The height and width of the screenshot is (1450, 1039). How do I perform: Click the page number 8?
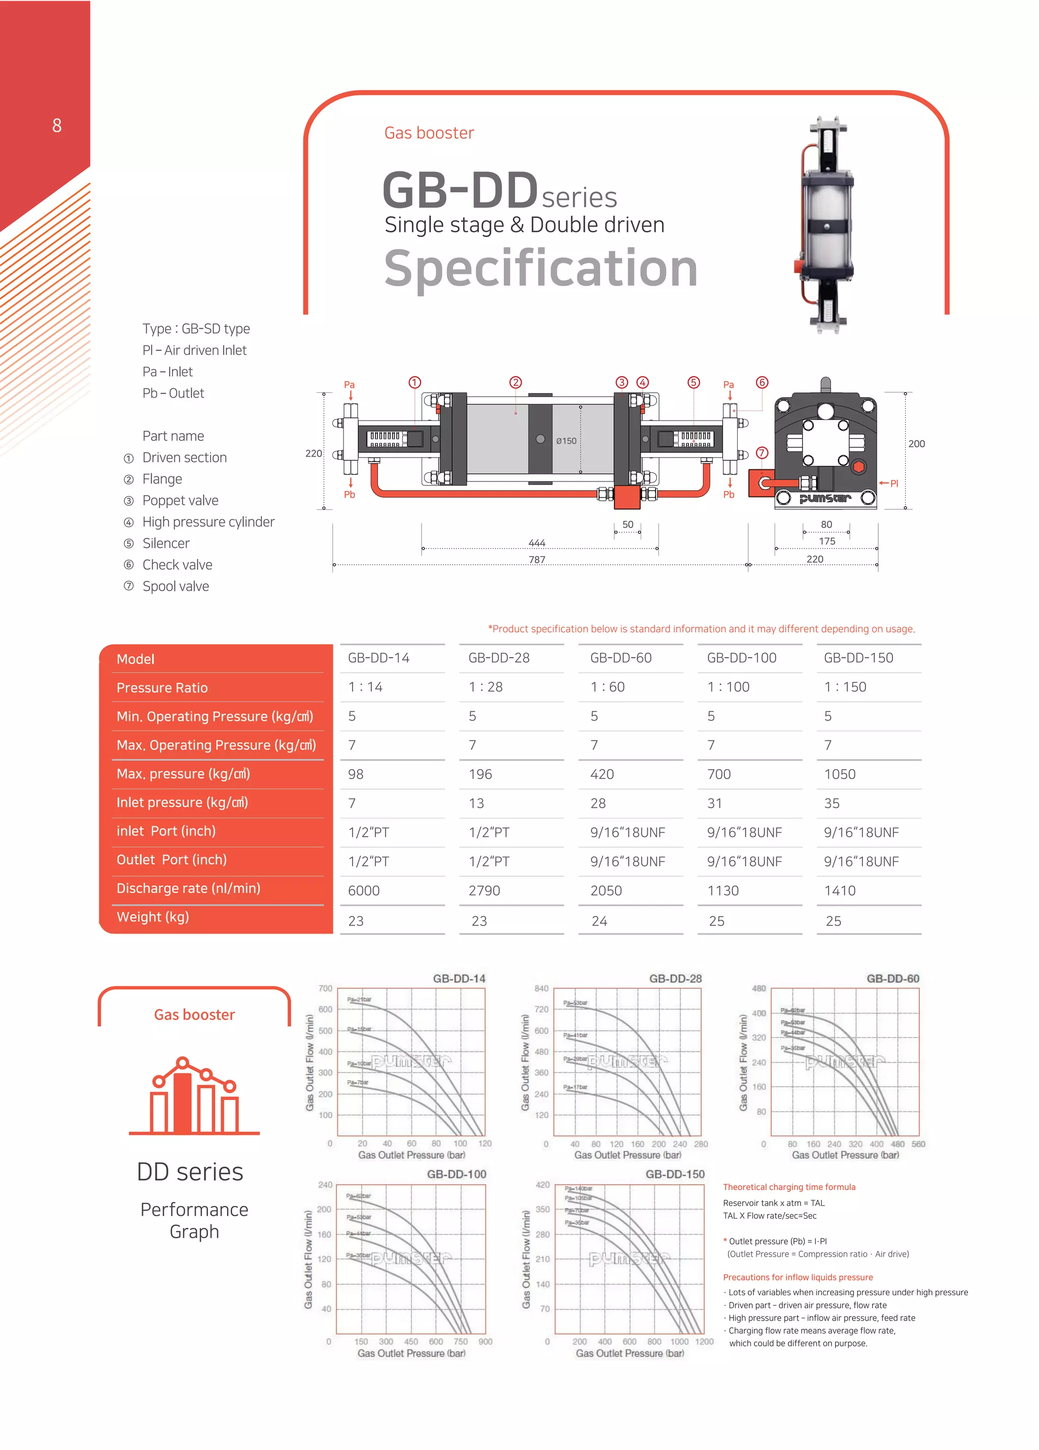click(x=57, y=125)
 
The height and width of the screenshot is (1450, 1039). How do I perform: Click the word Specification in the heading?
click(x=540, y=268)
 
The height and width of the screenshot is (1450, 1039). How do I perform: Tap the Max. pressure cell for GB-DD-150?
click(x=839, y=774)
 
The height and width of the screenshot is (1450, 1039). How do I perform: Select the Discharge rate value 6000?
click(x=363, y=890)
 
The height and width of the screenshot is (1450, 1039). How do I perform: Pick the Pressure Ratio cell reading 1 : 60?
click(x=607, y=687)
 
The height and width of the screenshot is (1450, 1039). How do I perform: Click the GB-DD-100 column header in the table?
click(x=741, y=658)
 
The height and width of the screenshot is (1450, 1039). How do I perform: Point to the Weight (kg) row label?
click(x=153, y=917)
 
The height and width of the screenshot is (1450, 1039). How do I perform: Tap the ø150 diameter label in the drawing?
click(x=566, y=440)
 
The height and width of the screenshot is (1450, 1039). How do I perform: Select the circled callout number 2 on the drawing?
click(x=515, y=383)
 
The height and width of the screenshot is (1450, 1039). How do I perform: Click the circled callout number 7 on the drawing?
click(x=761, y=453)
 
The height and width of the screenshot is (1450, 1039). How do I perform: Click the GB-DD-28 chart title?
click(x=675, y=978)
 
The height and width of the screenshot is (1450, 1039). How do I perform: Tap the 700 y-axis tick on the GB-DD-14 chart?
click(x=325, y=988)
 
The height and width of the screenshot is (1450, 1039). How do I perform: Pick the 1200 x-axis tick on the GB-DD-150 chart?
click(x=704, y=1341)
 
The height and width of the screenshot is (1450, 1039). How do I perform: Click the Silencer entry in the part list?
click(x=165, y=543)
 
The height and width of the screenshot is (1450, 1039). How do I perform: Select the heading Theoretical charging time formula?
click(x=788, y=1187)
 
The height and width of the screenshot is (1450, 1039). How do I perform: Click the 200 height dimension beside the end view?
click(x=916, y=444)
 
